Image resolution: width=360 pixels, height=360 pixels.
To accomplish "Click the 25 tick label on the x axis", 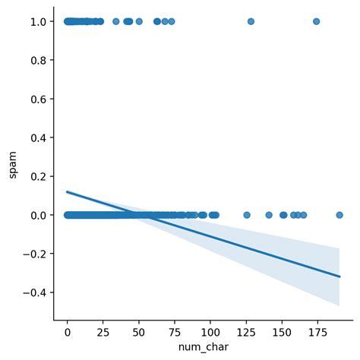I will (x=103, y=332).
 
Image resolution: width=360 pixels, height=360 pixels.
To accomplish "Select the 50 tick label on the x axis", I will (x=139, y=332).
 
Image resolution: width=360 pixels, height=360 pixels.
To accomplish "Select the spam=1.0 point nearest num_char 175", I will (x=317, y=21).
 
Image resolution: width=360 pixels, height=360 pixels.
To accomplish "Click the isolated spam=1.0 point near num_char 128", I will (x=251, y=21).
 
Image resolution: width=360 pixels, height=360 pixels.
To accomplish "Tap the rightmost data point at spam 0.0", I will (x=339, y=215).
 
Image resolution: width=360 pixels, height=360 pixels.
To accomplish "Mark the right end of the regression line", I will (x=339, y=276).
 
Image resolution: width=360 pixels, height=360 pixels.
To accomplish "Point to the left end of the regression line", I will (x=68, y=192).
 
